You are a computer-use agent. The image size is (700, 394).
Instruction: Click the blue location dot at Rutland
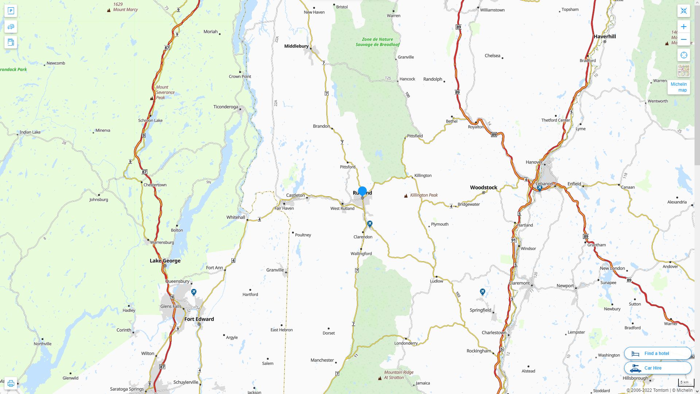pos(362,191)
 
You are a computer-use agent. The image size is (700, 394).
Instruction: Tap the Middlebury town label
pos(296,46)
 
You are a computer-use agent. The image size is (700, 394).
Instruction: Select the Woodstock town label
pos(483,187)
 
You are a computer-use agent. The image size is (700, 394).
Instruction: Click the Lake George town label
pos(165,260)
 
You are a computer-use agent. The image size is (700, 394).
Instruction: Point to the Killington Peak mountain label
pos(424,195)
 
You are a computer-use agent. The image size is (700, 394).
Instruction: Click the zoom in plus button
pos(684,27)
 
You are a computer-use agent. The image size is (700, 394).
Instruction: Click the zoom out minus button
pos(684,39)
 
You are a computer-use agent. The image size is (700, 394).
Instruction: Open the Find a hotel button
pos(657,353)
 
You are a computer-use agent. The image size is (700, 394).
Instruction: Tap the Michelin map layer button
pos(678,87)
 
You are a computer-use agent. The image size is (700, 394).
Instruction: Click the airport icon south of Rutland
pos(370,224)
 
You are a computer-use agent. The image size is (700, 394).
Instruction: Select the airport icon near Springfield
pos(482,292)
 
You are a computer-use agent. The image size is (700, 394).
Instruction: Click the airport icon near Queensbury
pos(194,292)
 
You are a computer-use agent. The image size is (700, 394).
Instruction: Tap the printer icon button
pos(11,383)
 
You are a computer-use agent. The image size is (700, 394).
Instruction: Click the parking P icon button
pos(11,11)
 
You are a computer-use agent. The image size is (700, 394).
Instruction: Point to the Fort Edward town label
pos(199,319)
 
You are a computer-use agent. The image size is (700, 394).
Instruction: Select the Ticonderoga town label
pos(225,107)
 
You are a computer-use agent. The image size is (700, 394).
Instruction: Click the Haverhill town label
pos(604,36)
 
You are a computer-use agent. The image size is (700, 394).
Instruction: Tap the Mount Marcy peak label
pos(125,9)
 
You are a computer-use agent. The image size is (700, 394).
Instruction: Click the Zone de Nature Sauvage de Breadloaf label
pos(377,42)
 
